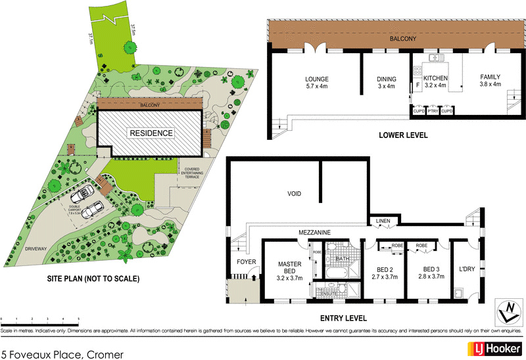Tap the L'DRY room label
click(467, 269)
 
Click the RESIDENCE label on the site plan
click(151, 133)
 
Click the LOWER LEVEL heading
click(403, 135)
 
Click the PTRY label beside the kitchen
click(432, 112)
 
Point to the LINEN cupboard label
click(382, 221)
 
